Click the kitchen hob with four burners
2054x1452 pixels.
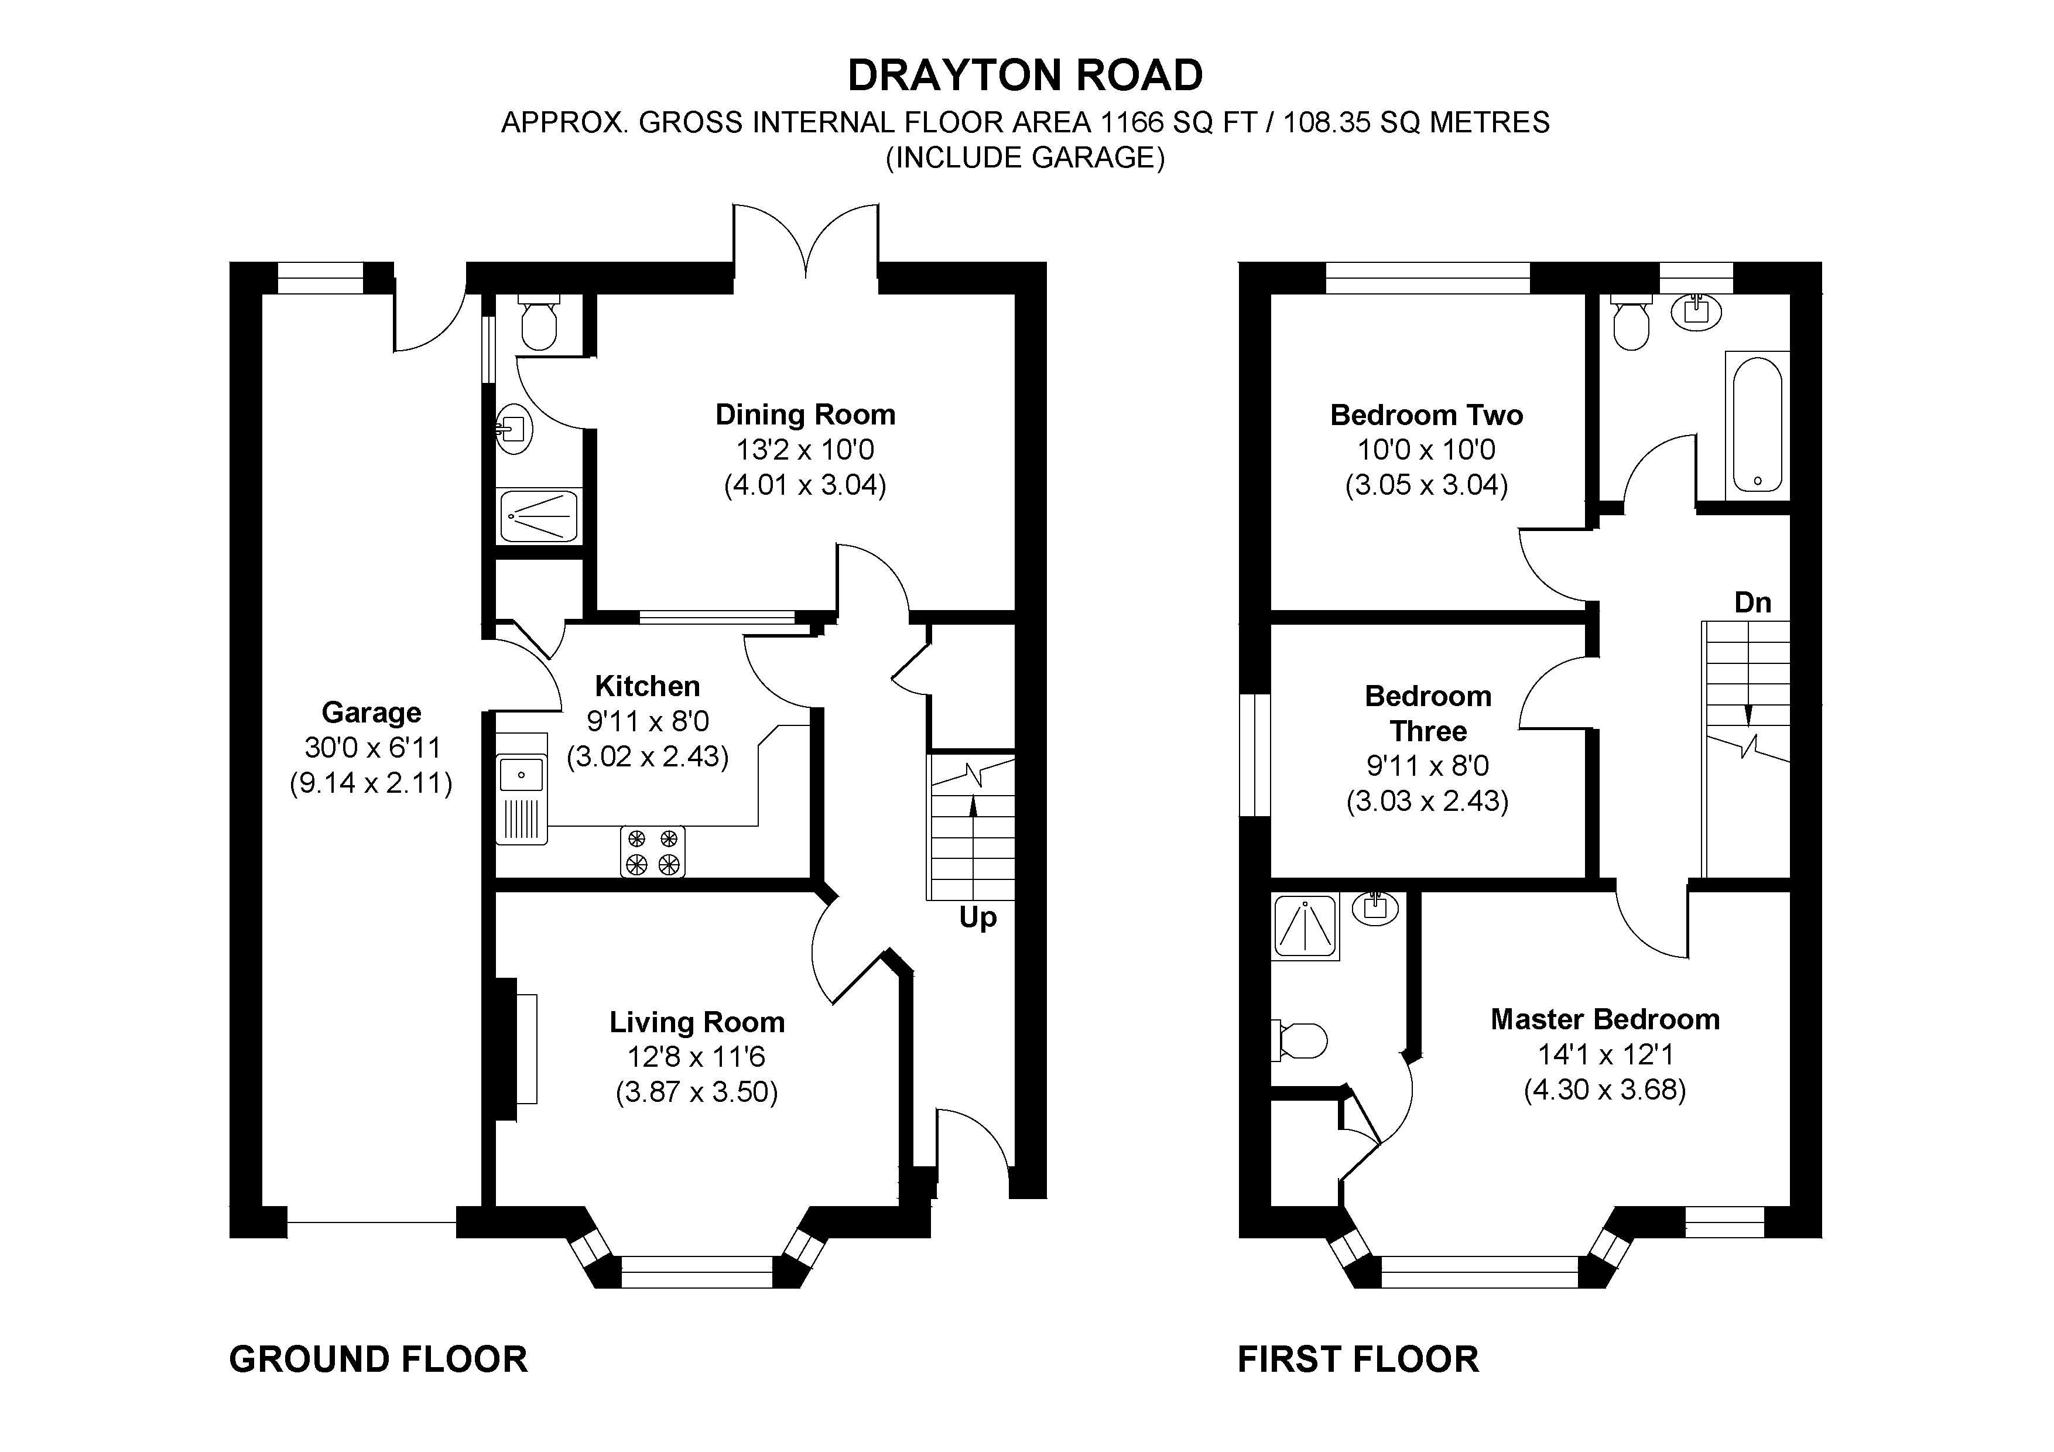pos(653,851)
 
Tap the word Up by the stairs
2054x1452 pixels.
pos(978,918)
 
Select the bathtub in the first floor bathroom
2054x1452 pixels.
pos(1757,425)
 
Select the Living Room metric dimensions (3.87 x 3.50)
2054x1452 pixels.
pos(697,1093)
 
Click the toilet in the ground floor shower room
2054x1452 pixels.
pos(539,322)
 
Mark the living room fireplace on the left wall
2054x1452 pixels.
pos(516,1049)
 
